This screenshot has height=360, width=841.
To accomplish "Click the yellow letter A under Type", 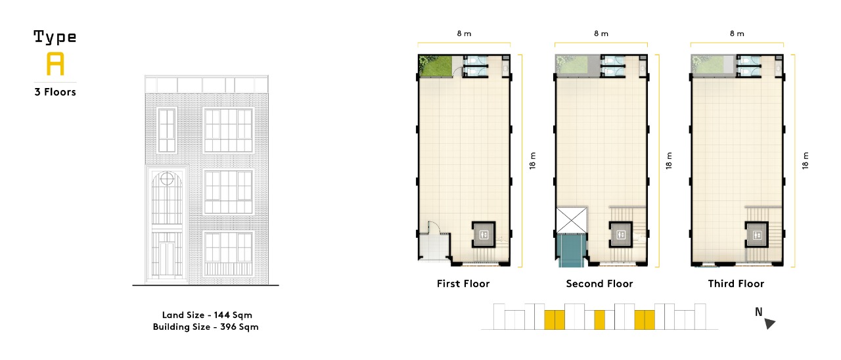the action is (55, 64).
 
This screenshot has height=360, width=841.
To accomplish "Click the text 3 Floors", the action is (55, 92).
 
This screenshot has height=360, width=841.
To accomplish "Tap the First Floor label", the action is (463, 283).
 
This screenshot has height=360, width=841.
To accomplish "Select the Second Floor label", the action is (599, 283).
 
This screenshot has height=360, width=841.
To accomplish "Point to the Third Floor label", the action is (736, 283).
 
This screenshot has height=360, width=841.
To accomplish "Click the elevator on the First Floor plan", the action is (484, 235).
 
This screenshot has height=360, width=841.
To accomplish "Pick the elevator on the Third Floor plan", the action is (757, 235).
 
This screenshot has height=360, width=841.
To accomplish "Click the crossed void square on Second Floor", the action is (572, 220).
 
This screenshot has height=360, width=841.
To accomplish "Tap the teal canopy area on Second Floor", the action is (572, 250).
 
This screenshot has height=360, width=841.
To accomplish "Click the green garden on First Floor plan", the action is (436, 66).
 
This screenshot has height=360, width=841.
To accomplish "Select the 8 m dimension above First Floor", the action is (464, 34).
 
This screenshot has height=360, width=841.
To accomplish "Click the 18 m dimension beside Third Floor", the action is (806, 161).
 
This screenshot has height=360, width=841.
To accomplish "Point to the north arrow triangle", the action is (769, 323).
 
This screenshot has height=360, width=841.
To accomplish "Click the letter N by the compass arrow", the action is (759, 312).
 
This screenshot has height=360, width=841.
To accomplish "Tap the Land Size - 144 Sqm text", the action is (207, 315).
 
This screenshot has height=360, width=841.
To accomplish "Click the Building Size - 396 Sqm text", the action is (206, 326).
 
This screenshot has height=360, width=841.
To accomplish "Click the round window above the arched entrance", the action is (167, 179).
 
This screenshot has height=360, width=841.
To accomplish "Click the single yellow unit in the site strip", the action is (600, 320).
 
